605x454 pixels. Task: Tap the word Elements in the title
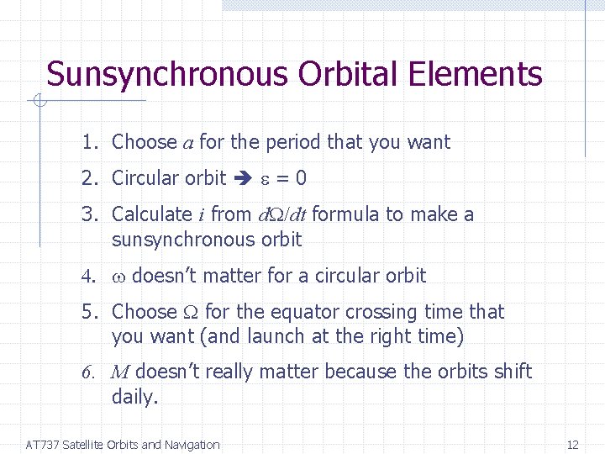[x=476, y=74]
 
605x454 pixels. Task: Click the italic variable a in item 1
[x=188, y=143]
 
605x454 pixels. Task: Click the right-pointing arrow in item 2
[x=245, y=178]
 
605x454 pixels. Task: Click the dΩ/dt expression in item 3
[x=281, y=215]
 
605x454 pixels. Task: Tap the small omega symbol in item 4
[x=118, y=277]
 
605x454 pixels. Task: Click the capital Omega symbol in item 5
[x=191, y=313]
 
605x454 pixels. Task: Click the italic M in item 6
[x=120, y=372]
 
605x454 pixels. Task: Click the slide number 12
[x=573, y=445]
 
